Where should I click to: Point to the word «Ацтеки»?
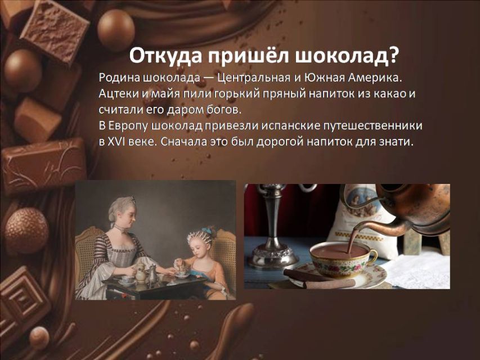(x=118, y=94)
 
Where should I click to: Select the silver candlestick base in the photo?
(x=272, y=256)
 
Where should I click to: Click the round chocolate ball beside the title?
(x=116, y=29)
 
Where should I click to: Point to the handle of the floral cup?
(x=374, y=256)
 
